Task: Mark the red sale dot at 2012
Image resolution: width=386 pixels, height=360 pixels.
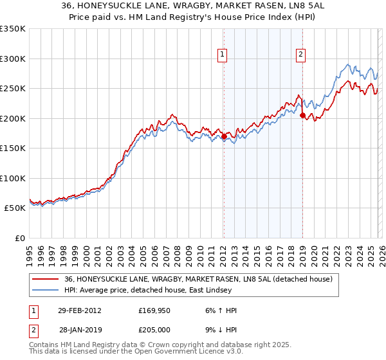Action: point(224,136)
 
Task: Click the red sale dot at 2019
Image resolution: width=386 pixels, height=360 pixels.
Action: point(302,115)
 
